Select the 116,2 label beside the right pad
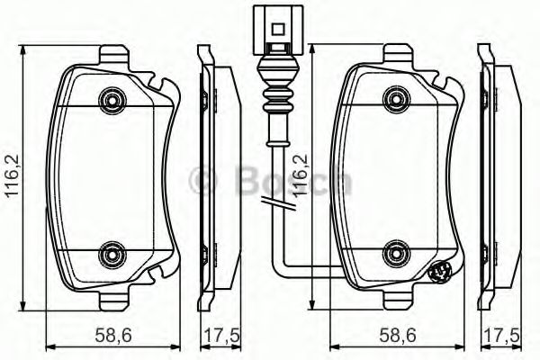[x=303, y=176]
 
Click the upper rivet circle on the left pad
[x=112, y=97]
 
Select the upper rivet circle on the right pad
[x=394, y=97]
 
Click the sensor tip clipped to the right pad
[x=440, y=273]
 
